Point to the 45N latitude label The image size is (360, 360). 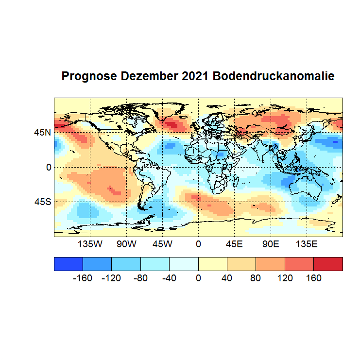(42, 132)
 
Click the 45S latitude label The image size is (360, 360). (42, 202)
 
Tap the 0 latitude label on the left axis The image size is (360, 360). (49, 167)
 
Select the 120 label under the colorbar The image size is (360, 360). (285, 278)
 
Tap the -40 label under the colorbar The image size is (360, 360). (170, 278)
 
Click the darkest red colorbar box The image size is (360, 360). (328, 264)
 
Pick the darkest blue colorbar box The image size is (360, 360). (69, 264)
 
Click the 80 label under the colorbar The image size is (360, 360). (256, 278)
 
